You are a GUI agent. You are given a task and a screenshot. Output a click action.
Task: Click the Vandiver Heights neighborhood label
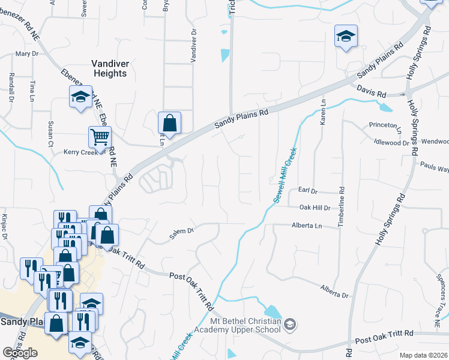click(109, 68)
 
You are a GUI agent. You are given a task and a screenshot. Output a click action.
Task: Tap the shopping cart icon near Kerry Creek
click(100, 137)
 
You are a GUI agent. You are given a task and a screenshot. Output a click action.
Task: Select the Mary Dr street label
click(27, 54)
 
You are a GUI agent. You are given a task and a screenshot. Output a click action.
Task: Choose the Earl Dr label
click(307, 191)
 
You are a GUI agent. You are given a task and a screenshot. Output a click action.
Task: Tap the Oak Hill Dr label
click(315, 208)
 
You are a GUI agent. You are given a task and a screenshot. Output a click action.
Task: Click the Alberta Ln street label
click(307, 226)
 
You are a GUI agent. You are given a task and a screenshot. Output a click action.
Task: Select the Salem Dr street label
click(182, 231)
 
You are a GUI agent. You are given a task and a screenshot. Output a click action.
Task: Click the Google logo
click(20, 353)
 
